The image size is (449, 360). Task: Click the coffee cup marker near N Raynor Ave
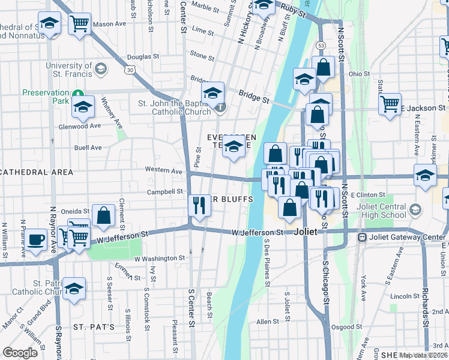tap(36, 240)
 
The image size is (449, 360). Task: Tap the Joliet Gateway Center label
tap(408, 237)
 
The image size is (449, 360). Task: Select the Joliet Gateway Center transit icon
tap(362, 237)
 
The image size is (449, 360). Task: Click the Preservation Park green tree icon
tap(77, 93)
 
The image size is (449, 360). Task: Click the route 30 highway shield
tap(130, 70)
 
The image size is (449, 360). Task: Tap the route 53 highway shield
tap(322, 45)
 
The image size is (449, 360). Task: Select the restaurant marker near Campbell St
tap(199, 205)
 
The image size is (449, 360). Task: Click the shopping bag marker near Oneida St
tap(103, 216)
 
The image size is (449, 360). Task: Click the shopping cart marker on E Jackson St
tap(390, 104)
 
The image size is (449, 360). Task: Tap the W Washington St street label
tap(160, 258)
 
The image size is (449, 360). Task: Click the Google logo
tap(20, 352)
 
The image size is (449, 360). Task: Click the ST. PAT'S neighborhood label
tap(94, 327)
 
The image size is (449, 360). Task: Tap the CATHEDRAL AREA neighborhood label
tap(37, 172)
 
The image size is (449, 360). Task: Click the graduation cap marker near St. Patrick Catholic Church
tap(74, 289)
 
